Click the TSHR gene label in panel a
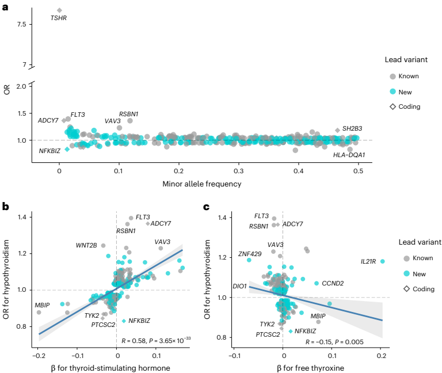click(x=58, y=18)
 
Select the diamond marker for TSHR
click(x=59, y=10)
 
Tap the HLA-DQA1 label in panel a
click(x=349, y=155)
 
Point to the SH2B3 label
click(x=352, y=128)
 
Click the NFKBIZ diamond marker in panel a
click(x=67, y=149)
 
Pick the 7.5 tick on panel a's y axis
click(x=22, y=24)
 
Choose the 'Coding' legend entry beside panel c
click(x=418, y=288)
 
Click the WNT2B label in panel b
click(x=86, y=245)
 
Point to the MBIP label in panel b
click(x=42, y=304)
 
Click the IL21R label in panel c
click(x=368, y=261)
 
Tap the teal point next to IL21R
click(x=382, y=261)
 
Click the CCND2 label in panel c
click(x=333, y=283)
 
